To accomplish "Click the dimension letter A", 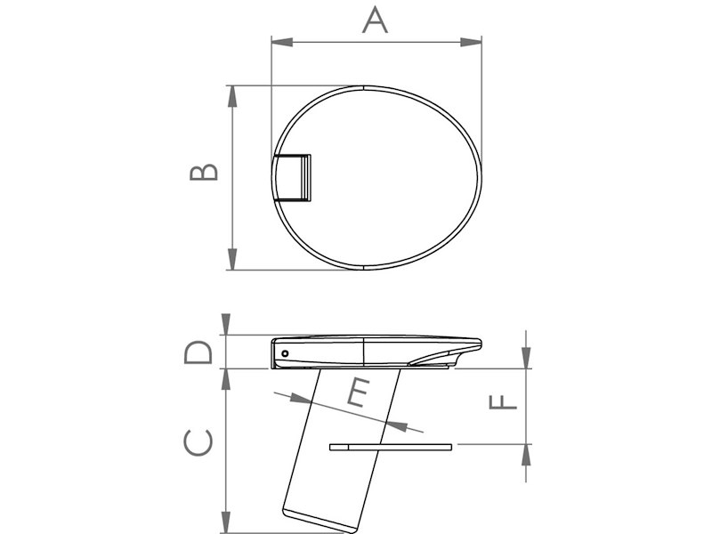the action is (375, 20).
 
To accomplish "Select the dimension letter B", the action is (204, 172).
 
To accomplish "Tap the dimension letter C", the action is (198, 441).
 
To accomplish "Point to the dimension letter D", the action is (198, 352).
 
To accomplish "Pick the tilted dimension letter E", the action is (359, 392).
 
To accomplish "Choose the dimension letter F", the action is (503, 402).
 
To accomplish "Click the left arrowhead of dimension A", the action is (281, 42).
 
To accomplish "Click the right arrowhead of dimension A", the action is (472, 42).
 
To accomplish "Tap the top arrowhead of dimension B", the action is (232, 96).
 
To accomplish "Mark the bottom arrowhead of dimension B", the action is (232, 259).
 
